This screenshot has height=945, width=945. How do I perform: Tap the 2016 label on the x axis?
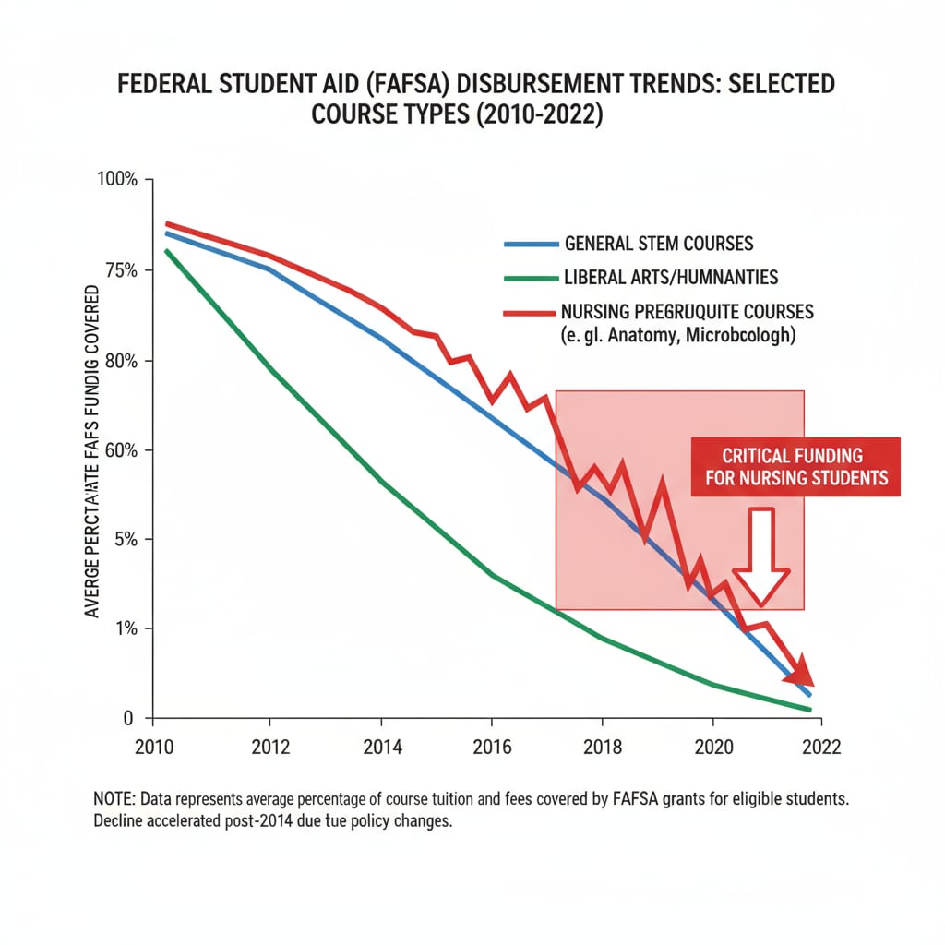pos(491,747)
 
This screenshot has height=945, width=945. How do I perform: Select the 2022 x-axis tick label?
pos(820,747)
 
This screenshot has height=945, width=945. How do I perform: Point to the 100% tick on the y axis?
pos(117,179)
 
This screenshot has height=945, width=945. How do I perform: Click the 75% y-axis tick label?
pos(120,270)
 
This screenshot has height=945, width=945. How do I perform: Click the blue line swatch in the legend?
pos(531,245)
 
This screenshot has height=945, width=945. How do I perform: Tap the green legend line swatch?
pos(531,278)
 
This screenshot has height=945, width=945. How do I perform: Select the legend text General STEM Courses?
pos(659,245)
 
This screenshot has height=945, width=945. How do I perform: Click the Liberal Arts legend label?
pos(671,277)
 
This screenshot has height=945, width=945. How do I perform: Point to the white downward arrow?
pos(760,557)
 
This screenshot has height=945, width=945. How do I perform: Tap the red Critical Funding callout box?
pos(795,466)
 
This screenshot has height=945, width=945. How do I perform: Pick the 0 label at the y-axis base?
pos(129,718)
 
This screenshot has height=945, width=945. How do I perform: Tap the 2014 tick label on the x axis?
pos(380,747)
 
